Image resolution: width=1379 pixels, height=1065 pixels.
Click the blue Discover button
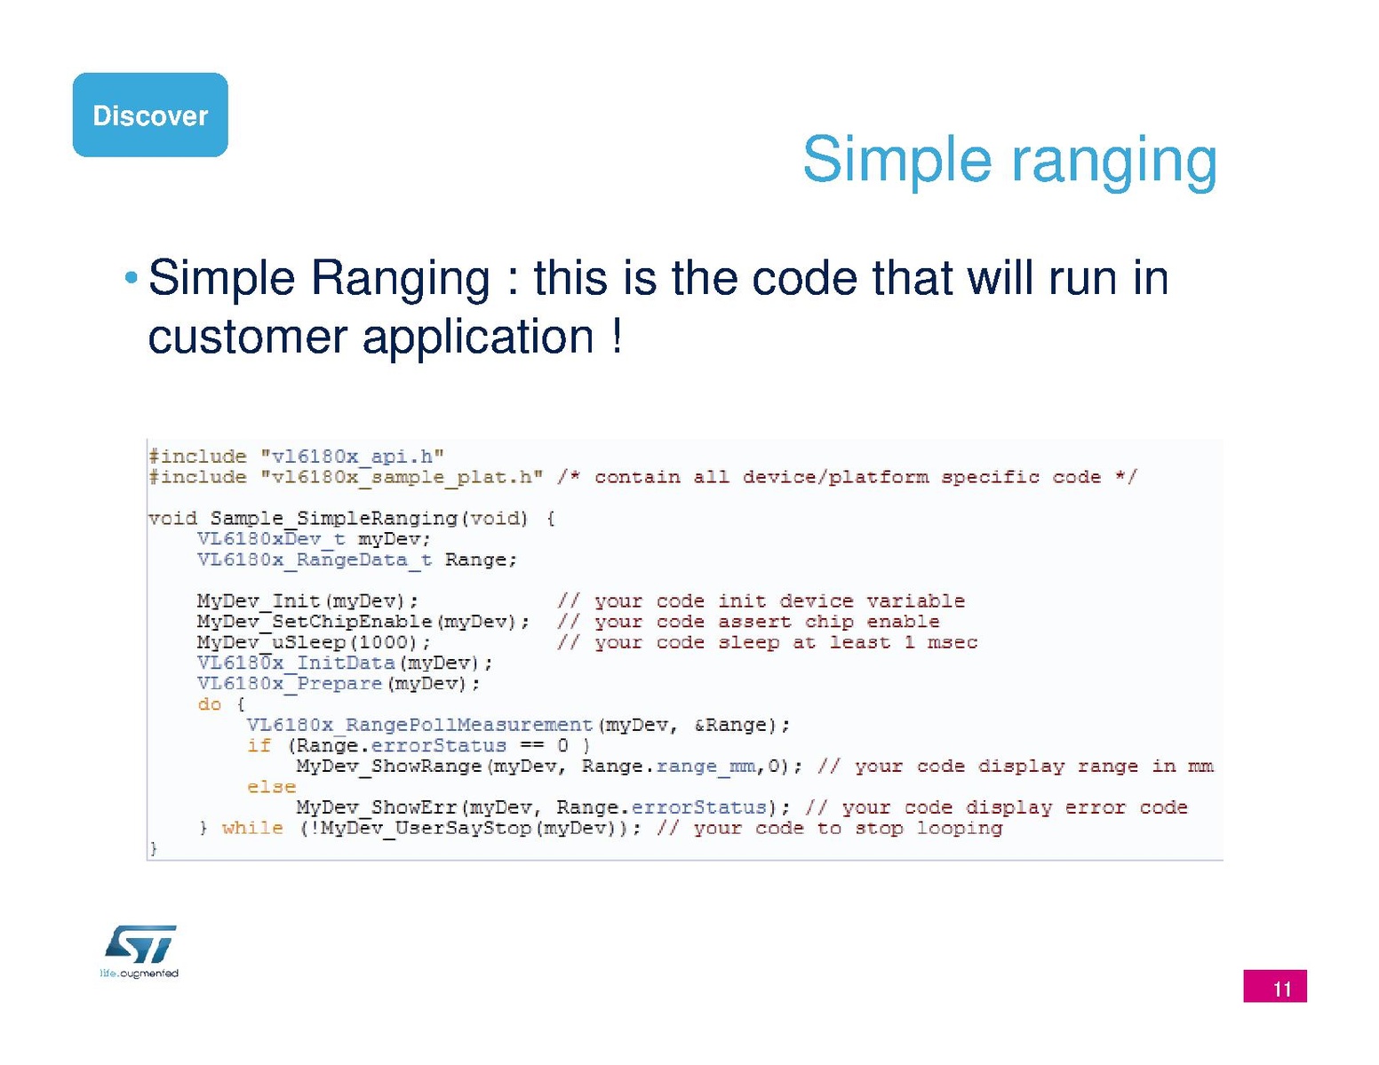tap(150, 115)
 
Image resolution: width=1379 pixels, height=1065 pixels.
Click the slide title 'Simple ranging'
tap(1009, 161)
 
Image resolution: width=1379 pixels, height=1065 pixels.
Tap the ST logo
tap(140, 944)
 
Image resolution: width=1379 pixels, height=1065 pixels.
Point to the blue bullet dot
tap(132, 277)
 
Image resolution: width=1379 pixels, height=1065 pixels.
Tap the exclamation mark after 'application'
tap(617, 336)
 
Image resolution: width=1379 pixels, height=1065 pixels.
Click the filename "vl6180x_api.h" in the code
tap(352, 457)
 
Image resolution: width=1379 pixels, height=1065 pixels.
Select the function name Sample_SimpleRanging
tap(334, 519)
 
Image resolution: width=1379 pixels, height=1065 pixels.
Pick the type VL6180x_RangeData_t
tap(315, 560)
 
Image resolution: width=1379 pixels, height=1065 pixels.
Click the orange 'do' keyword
tap(210, 704)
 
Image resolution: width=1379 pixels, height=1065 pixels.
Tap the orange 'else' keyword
tap(272, 787)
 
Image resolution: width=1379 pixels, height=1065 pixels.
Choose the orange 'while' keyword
tap(252, 829)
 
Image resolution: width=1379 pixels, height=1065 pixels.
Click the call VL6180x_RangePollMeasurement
tap(419, 725)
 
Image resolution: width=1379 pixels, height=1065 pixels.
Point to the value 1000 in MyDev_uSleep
tap(383, 642)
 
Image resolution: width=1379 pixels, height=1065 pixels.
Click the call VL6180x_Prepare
tap(290, 684)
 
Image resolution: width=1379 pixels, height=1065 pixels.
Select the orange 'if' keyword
tap(259, 745)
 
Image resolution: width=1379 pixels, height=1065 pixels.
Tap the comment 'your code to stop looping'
tap(848, 829)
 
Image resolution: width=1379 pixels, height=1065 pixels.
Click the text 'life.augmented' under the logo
tap(139, 973)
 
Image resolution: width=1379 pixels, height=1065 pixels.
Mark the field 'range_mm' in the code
tap(705, 767)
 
